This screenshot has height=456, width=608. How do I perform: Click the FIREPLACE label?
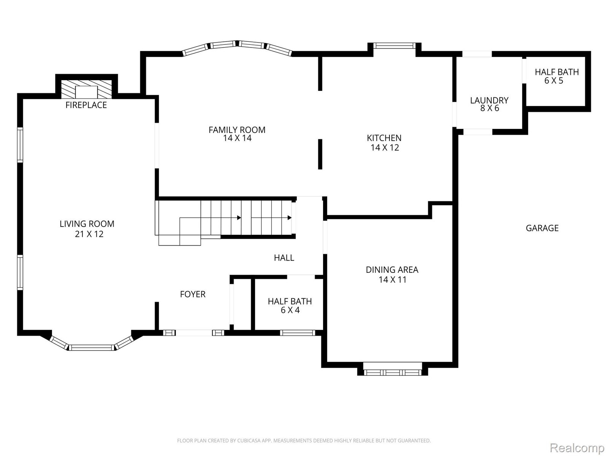point(86,105)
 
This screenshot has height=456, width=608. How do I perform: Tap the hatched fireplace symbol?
point(86,89)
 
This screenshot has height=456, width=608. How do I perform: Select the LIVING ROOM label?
point(87,224)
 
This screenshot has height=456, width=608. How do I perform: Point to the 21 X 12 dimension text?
point(89,234)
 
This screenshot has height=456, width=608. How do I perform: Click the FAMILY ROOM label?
point(237,130)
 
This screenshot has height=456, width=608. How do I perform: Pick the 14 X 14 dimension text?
point(237,138)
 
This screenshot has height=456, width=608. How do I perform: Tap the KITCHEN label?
point(384,138)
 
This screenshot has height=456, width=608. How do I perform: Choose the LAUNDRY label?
point(489,100)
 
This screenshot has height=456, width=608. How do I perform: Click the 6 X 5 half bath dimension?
point(554,81)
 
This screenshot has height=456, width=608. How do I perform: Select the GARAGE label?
point(542,228)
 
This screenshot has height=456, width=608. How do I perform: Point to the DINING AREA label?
point(392,270)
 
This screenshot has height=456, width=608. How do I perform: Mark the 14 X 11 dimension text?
point(393,280)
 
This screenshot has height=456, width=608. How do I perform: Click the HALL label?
point(284,258)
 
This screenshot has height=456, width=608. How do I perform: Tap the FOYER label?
point(193,294)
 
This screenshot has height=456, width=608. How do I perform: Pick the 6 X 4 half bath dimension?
point(290,310)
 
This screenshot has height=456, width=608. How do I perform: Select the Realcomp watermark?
point(577,447)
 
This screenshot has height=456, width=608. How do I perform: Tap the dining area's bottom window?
point(393,372)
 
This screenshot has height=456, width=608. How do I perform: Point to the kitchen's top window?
point(394,46)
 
